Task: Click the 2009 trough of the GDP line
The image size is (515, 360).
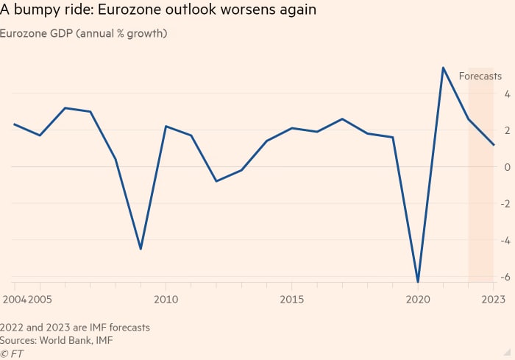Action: (141, 249)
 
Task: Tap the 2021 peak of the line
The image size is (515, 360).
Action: (443, 68)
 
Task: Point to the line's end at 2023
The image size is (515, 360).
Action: (493, 145)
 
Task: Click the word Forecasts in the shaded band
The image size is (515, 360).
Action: (480, 76)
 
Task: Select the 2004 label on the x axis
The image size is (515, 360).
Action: (13, 300)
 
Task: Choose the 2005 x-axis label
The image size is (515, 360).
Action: (39, 300)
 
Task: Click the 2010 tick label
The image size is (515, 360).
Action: (166, 300)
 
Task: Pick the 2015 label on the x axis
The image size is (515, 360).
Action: (292, 300)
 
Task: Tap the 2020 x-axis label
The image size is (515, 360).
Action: (418, 300)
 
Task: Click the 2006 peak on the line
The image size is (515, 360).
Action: (65, 108)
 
